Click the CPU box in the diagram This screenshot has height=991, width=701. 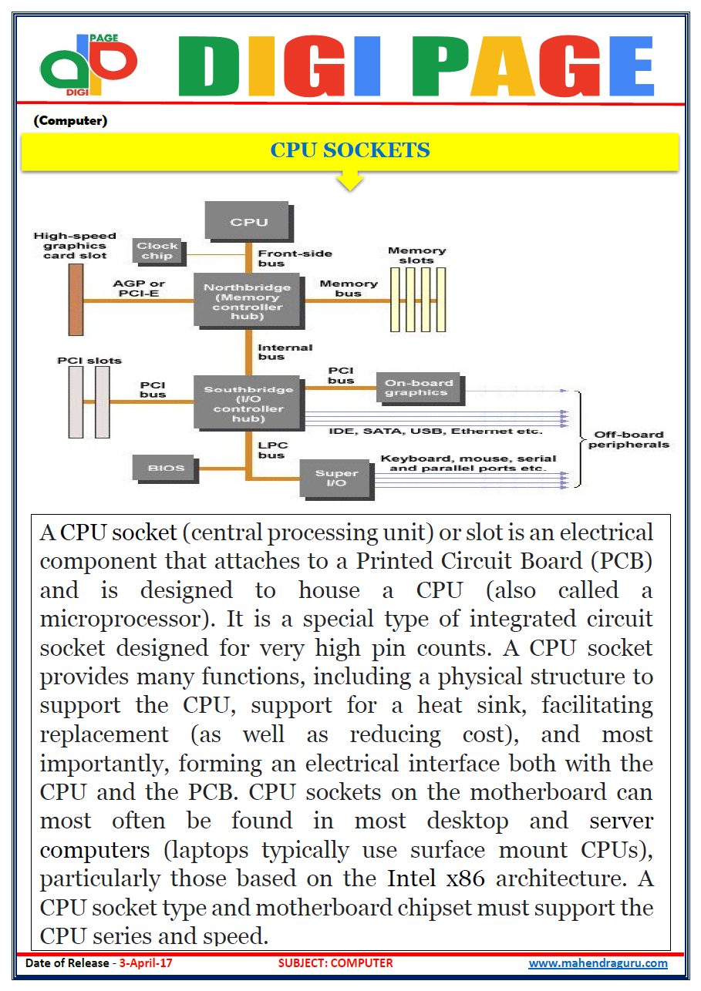(x=248, y=221)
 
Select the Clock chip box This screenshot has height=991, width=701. (x=157, y=251)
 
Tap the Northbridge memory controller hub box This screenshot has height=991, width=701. (x=248, y=301)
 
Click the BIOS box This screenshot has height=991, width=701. (x=166, y=468)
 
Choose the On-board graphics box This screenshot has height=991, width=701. (x=417, y=388)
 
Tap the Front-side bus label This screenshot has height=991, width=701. (x=295, y=258)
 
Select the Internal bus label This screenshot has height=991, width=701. (x=285, y=352)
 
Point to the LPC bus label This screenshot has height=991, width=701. (x=271, y=451)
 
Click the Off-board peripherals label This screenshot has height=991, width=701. (x=629, y=439)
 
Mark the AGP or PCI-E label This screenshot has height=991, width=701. (x=140, y=289)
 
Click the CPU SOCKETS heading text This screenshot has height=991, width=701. (x=349, y=149)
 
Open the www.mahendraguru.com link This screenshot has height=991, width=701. (x=598, y=963)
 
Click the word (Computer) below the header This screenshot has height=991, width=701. (x=70, y=121)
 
